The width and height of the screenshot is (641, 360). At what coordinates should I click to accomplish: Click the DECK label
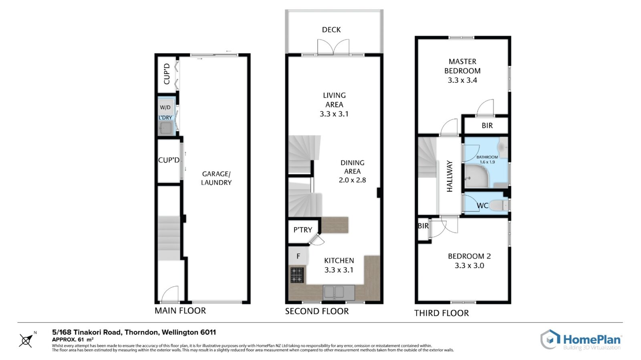click(331, 30)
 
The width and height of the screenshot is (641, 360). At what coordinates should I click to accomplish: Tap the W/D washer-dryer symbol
click(165, 107)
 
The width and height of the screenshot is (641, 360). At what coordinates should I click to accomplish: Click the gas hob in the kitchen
click(297, 275)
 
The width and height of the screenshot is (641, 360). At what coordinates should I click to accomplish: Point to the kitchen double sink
click(339, 292)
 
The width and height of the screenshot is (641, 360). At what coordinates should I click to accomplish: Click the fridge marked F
click(298, 256)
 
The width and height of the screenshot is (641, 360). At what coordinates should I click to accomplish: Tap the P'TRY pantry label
click(303, 230)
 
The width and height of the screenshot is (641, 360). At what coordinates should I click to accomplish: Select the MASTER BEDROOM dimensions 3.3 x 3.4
click(462, 80)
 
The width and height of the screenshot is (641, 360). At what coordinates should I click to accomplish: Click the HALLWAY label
click(450, 176)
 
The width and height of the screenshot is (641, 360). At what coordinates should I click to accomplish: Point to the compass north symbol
click(26, 340)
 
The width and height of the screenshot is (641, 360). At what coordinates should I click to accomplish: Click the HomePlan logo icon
click(550, 340)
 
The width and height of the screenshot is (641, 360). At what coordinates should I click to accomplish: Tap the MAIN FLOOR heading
click(180, 311)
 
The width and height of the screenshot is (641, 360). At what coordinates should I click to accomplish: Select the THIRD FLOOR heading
click(441, 313)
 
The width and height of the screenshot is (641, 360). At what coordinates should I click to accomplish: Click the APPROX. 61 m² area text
click(73, 340)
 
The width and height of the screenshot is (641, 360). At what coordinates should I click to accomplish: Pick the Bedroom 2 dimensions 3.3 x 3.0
click(469, 265)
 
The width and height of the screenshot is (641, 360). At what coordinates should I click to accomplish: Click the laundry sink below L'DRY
click(166, 128)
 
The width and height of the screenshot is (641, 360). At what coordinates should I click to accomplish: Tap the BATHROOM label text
click(487, 157)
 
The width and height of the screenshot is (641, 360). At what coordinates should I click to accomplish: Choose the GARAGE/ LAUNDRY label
click(216, 178)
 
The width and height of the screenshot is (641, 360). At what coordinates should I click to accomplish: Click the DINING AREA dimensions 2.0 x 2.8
click(352, 180)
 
